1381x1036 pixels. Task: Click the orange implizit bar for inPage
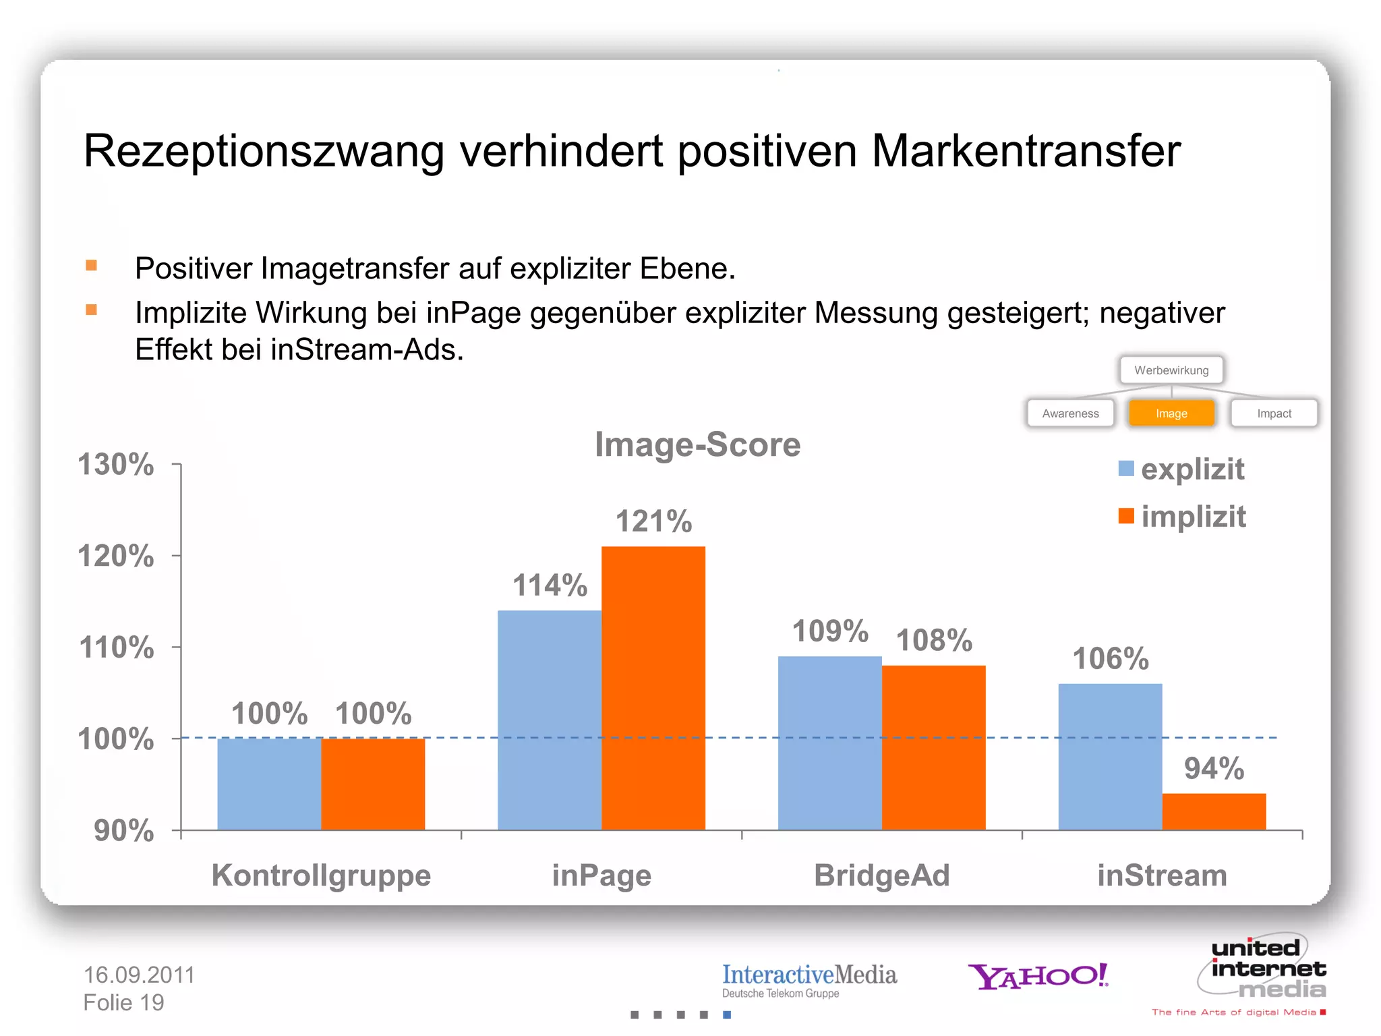(653, 688)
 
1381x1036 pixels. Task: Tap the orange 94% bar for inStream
(1214, 811)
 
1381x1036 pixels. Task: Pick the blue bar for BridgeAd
(829, 743)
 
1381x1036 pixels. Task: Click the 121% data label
(653, 521)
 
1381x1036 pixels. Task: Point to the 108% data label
(934, 640)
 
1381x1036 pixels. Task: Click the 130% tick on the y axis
(116, 465)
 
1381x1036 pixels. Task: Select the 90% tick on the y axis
(123, 830)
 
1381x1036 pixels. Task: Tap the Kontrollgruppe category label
(321, 875)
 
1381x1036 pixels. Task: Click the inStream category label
(1162, 875)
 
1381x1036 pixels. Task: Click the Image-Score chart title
(697, 444)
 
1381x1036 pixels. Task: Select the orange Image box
(1171, 413)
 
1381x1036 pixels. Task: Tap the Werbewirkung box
(1171, 370)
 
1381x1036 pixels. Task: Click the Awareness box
(1070, 413)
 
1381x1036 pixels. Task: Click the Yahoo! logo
(1038, 976)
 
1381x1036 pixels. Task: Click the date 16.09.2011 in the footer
(139, 975)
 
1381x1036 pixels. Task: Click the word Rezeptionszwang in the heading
(264, 151)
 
